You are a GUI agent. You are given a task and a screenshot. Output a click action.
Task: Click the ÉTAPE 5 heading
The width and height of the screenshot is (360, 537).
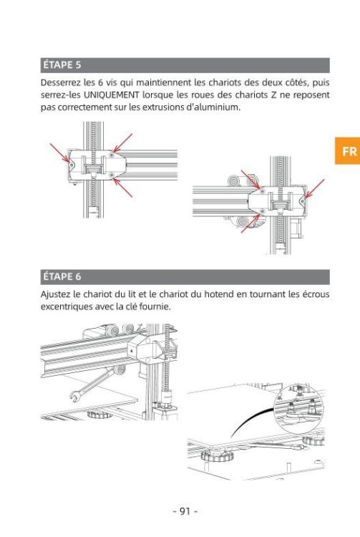62,64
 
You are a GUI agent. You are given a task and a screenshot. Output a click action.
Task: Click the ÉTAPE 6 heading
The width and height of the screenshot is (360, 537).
62,276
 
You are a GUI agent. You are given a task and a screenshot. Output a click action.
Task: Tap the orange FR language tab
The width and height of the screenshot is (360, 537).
347,150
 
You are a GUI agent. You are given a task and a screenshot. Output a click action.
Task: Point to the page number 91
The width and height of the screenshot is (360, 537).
185,511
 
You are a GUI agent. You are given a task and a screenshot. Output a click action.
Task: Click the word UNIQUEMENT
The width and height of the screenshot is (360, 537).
112,95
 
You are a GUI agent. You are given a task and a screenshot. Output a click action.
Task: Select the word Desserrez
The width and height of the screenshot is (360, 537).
59,82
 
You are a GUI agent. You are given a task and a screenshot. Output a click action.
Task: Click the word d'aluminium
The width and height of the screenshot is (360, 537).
213,107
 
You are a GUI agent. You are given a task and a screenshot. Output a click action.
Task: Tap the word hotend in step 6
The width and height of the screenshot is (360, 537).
219,294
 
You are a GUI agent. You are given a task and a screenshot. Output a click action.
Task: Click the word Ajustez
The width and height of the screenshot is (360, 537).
55,294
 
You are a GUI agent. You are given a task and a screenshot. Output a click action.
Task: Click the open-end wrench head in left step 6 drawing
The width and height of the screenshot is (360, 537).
77,395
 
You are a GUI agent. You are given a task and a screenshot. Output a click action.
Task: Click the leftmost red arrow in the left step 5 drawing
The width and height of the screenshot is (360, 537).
59,153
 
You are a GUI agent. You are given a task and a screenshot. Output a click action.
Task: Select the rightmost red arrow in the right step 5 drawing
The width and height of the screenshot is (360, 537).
314,188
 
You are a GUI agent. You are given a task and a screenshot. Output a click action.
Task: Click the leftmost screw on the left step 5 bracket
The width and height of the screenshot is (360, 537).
72,165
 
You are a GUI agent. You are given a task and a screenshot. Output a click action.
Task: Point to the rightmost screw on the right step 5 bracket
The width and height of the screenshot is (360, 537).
303,201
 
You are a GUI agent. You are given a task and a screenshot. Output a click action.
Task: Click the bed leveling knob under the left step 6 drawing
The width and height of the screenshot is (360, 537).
99,415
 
